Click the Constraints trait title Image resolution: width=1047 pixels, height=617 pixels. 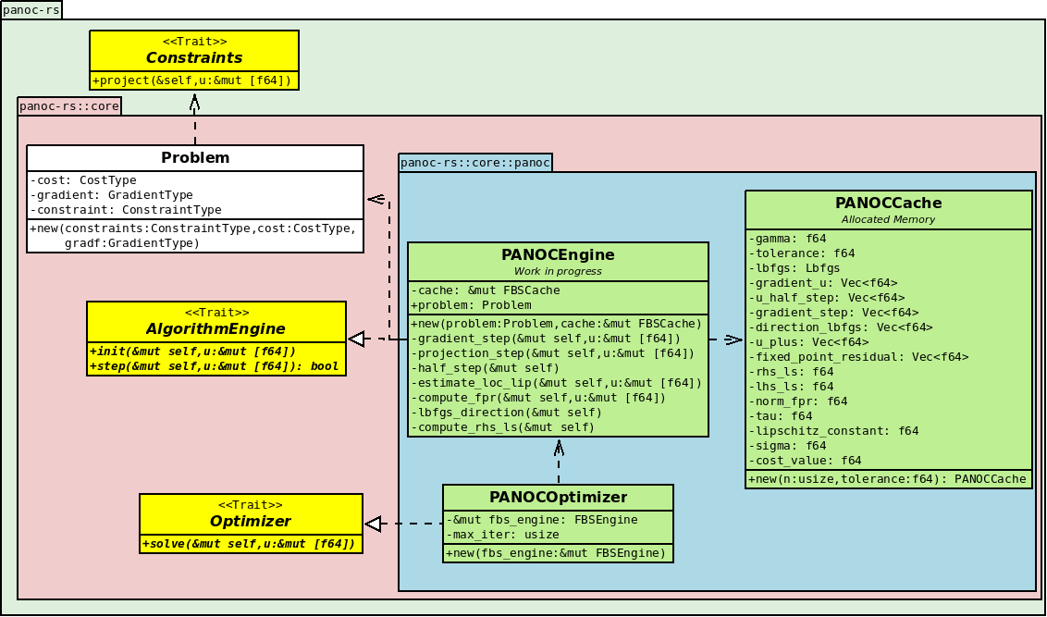(x=193, y=58)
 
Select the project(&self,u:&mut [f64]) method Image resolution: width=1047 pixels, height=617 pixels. (x=192, y=80)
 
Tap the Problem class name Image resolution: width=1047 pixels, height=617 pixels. (x=195, y=157)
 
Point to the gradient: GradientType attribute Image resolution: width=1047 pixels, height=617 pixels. (x=112, y=195)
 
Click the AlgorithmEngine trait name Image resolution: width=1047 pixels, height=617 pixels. (x=216, y=329)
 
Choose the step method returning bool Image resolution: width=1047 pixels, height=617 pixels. (x=214, y=366)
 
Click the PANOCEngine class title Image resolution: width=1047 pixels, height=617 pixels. (x=559, y=255)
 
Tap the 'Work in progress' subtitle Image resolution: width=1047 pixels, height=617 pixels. (x=559, y=271)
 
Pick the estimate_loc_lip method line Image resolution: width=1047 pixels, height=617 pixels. (x=556, y=383)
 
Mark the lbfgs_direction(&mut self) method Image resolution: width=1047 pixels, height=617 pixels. (x=506, y=412)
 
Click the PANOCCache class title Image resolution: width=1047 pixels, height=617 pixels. (x=889, y=203)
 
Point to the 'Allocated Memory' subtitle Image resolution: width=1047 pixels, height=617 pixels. (x=888, y=219)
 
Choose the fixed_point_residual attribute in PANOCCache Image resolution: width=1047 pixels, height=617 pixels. (x=858, y=356)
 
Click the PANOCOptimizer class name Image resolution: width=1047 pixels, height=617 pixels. (x=559, y=498)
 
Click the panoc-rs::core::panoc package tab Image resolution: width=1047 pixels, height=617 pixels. (x=475, y=162)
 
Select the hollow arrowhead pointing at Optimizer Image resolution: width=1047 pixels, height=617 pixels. (x=373, y=524)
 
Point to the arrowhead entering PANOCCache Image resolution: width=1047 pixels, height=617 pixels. (x=733, y=339)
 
